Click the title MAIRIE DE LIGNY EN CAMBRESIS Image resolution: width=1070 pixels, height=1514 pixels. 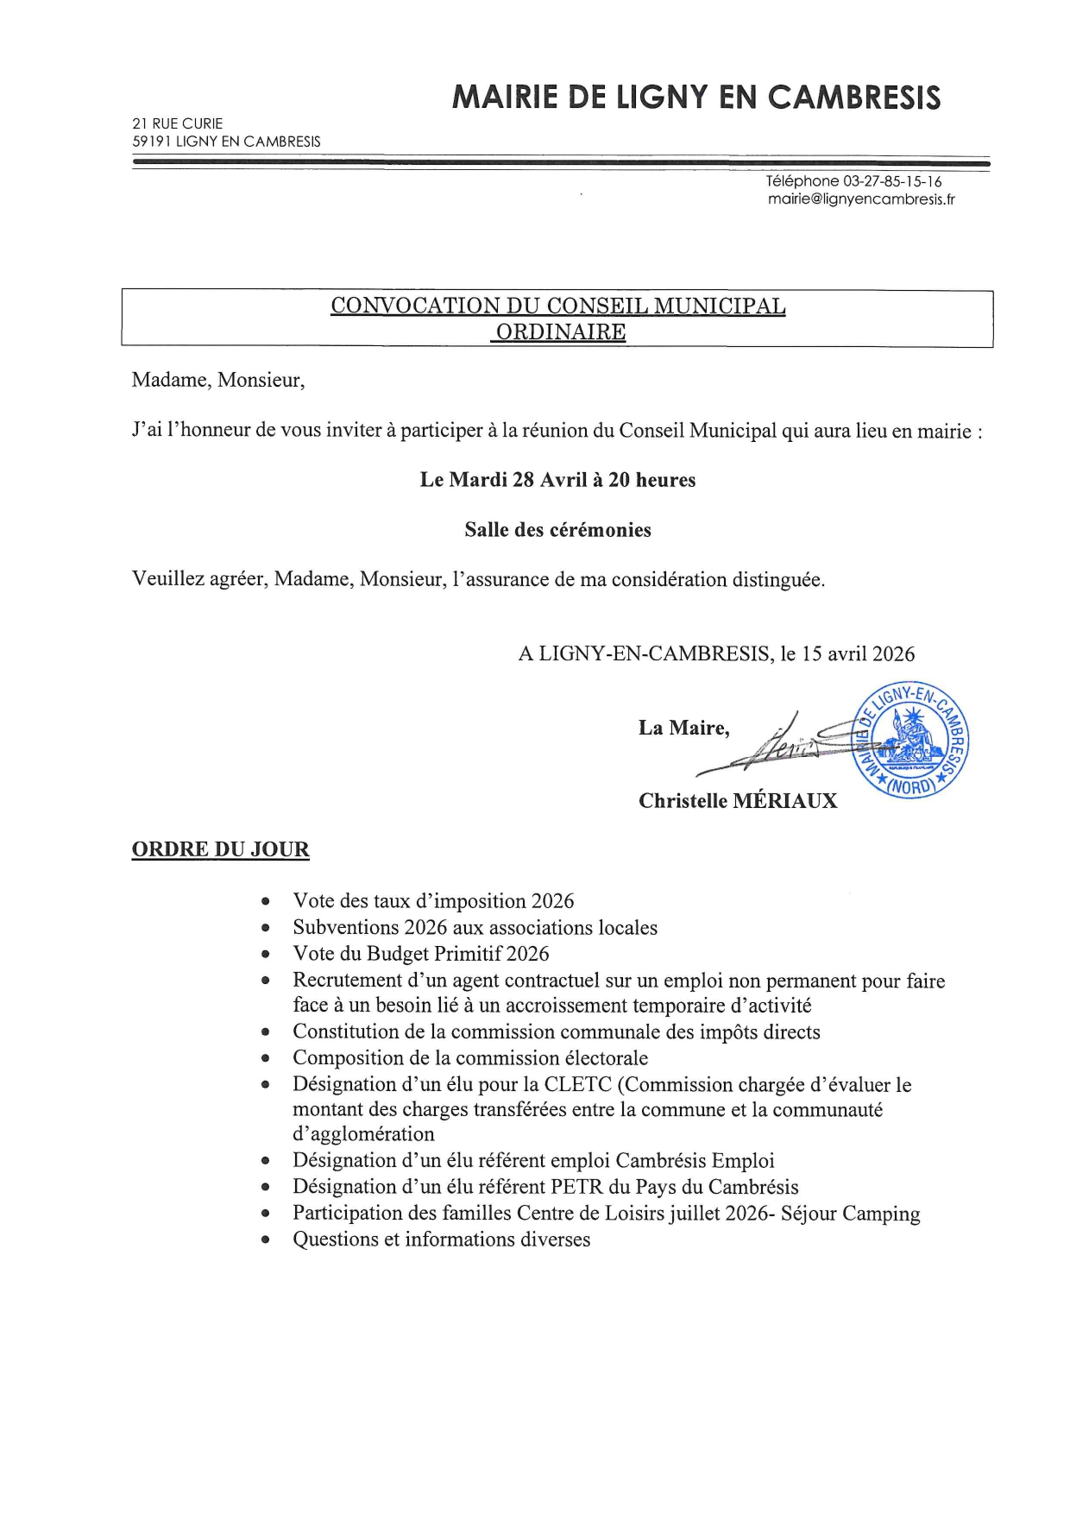coord(695,98)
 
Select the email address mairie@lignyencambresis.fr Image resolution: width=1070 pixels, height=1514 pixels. coord(861,199)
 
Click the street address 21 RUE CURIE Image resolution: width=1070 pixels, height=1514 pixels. coord(177,123)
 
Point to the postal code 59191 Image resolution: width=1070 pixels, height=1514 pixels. coord(151,142)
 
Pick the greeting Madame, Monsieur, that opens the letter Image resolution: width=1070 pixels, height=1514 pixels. coord(217,381)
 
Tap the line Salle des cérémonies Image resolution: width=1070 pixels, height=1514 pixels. coord(557,530)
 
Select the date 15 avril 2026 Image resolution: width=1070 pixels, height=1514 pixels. coord(858,653)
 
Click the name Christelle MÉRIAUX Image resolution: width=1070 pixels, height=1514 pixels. coord(738,801)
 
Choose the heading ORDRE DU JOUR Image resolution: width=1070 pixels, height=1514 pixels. coord(220,849)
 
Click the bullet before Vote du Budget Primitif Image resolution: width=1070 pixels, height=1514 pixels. coord(267,955)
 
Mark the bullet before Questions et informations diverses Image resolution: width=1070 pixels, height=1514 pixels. coord(267,1240)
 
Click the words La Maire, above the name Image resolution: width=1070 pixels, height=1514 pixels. coord(683,729)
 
